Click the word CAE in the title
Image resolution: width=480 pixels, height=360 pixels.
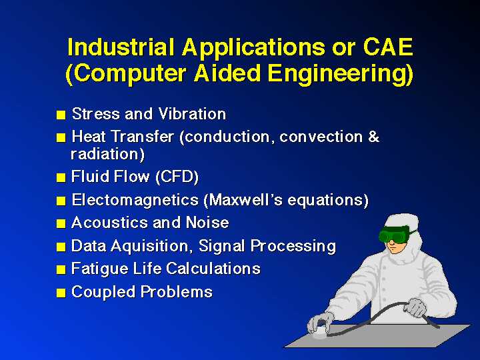click(389, 47)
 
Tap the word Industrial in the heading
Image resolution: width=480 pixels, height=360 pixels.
click(121, 47)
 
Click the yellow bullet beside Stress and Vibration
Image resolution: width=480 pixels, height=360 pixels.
click(61, 115)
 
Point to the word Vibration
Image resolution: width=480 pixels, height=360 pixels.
click(192, 114)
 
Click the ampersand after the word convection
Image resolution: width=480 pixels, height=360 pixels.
click(373, 137)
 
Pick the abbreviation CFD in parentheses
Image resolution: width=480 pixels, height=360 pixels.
click(177, 177)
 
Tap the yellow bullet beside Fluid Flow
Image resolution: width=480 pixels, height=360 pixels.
click(61, 178)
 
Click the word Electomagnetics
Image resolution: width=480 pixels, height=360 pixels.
click(135, 200)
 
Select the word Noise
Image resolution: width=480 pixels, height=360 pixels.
click(207, 223)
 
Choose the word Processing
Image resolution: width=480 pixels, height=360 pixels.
click(293, 246)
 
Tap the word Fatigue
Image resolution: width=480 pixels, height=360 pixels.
click(99, 269)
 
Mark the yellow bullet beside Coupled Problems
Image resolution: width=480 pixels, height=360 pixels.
click(61, 293)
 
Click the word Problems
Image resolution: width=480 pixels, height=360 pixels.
click(176, 292)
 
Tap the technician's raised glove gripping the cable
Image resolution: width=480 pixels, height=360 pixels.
click(415, 307)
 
